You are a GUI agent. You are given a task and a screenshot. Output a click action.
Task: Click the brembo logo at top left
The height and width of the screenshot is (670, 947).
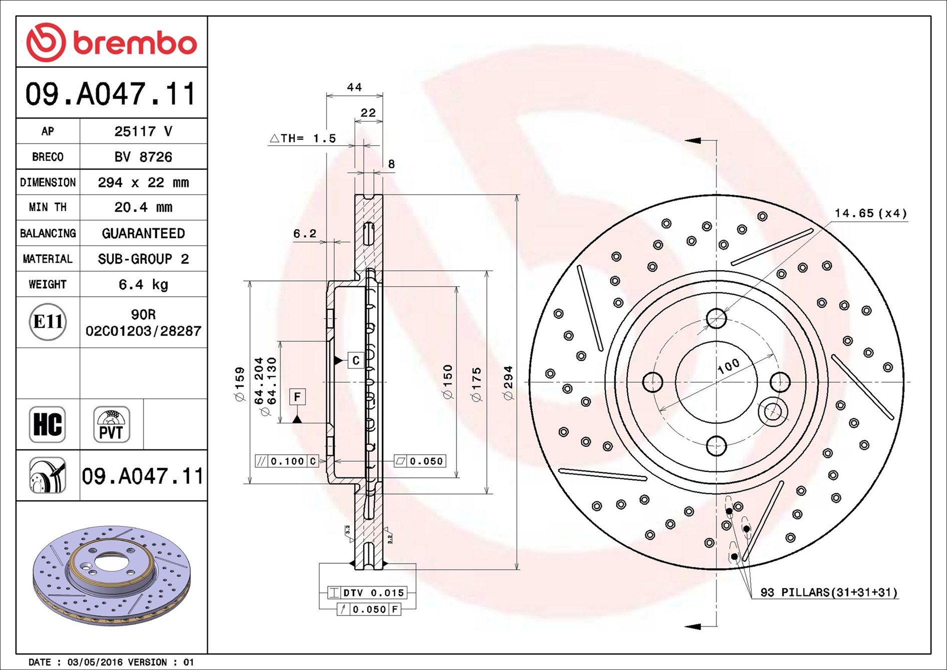click(x=112, y=42)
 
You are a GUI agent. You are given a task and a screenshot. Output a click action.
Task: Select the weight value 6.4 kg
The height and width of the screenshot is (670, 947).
click(x=144, y=285)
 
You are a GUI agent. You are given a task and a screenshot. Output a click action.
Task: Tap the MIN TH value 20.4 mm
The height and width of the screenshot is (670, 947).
click(x=144, y=207)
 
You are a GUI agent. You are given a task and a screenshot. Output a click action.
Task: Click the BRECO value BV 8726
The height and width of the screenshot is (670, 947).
click(x=144, y=157)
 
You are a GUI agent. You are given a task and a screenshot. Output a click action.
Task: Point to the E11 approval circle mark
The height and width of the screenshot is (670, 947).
click(x=48, y=321)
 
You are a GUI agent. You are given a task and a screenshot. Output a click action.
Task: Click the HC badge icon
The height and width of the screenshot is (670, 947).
click(x=48, y=424)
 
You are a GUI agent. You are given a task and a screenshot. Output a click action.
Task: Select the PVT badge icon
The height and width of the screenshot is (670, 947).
click(x=112, y=424)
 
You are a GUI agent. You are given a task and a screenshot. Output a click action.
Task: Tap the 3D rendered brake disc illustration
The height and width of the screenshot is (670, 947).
click(x=112, y=575)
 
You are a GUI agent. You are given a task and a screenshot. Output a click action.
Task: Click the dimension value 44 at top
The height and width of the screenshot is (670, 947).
click(x=354, y=87)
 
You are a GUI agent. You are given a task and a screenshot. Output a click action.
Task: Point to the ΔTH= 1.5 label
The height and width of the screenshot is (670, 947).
click(x=303, y=138)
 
